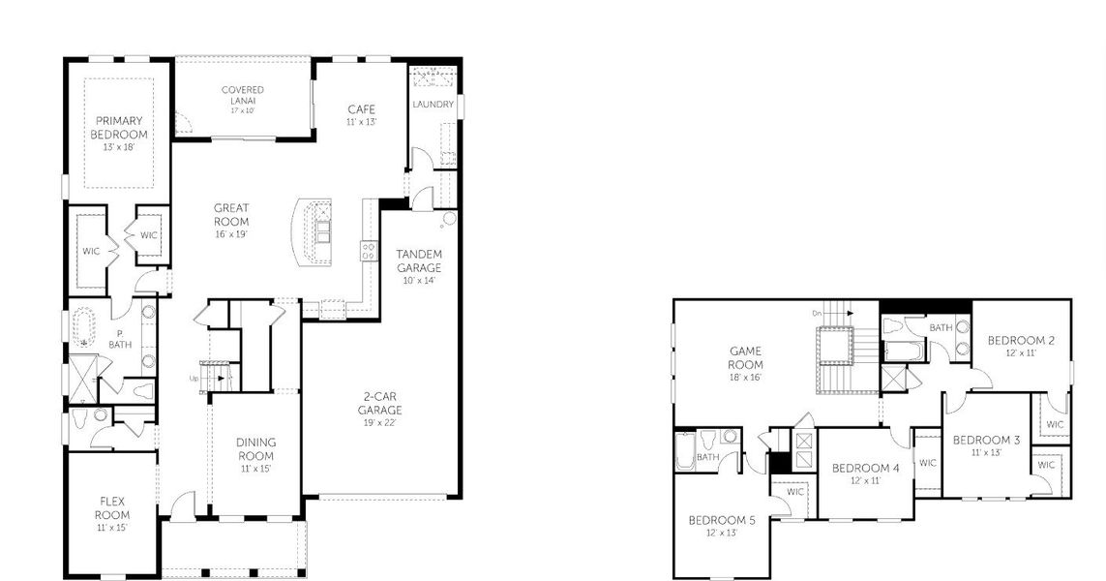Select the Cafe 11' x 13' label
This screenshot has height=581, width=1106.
361,114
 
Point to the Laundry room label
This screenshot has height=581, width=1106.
433,105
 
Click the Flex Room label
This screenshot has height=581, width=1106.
112,514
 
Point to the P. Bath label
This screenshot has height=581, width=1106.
119,339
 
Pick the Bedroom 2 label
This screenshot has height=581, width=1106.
1021,346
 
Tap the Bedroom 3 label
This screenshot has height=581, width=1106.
986,446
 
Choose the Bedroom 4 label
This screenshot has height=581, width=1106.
865,474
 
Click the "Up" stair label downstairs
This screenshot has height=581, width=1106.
194,379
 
